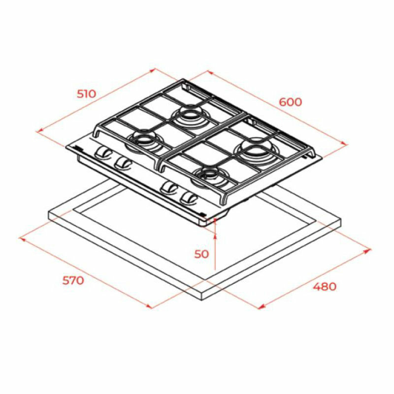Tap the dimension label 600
tap(290, 102)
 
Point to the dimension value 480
tap(324, 286)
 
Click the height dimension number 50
tap(201, 254)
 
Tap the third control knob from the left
tap(170, 188)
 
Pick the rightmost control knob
tap(189, 198)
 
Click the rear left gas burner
tap(187, 116)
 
